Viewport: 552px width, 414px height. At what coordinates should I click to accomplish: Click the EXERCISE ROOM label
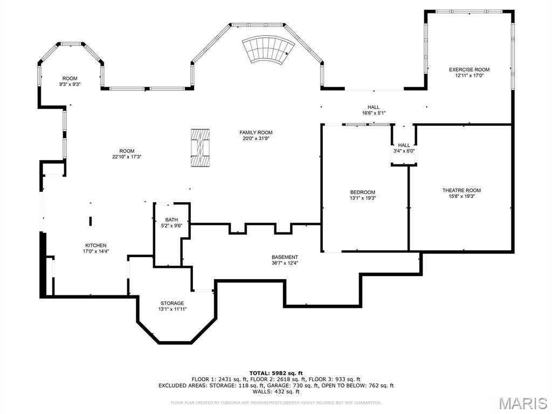click(469, 70)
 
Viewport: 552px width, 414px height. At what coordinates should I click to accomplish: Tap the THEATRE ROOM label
click(461, 190)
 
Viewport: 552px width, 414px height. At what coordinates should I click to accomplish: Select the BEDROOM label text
click(362, 192)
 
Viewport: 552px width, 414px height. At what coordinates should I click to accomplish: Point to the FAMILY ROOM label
click(256, 133)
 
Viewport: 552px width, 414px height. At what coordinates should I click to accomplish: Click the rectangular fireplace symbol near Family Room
click(202, 147)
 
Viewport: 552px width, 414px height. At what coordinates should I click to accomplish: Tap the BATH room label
click(171, 219)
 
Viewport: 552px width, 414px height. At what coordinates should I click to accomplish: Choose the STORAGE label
click(172, 303)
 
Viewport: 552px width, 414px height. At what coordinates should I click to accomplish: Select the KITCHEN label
click(95, 245)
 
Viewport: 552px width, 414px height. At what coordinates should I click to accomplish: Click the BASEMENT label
click(285, 257)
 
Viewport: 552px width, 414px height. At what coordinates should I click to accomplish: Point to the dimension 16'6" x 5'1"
click(374, 113)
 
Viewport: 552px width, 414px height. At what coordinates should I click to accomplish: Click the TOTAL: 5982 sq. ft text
click(275, 373)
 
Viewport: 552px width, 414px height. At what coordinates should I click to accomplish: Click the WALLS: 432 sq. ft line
click(275, 392)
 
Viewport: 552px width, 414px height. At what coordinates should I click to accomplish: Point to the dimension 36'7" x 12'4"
click(285, 263)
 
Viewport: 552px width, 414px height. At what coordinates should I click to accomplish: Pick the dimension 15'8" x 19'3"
click(461, 196)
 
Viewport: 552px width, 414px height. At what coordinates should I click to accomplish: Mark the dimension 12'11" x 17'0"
click(469, 75)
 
